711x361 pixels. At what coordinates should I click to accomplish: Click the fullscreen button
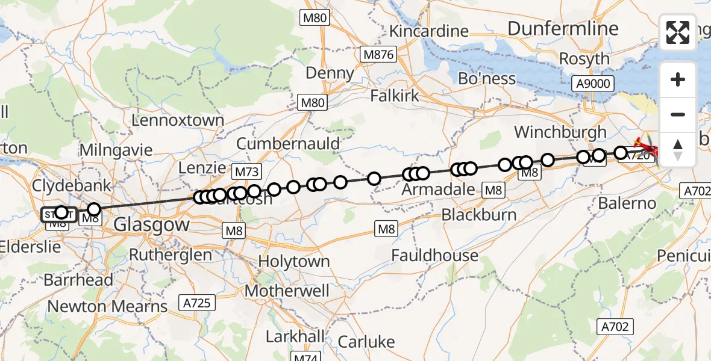pos(678,32)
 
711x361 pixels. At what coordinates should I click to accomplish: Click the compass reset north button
pos(678,149)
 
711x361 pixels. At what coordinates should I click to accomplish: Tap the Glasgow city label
pos(151,225)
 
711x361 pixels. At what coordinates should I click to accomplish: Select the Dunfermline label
pos(563,28)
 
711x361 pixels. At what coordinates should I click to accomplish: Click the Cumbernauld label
pos(288,144)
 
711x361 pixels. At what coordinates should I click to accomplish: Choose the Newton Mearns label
pos(107,306)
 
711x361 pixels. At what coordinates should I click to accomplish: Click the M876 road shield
pos(378,55)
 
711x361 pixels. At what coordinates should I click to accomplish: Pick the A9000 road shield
pos(593,84)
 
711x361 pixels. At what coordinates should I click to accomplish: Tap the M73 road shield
pos(246,172)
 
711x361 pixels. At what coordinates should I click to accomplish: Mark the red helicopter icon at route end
pos(649,146)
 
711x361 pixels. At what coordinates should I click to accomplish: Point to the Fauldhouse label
pos(434,255)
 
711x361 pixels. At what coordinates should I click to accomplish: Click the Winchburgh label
pos(560,132)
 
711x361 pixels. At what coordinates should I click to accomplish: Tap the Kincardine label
pos(429,31)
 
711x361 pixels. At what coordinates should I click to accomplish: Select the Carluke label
pos(366,342)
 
